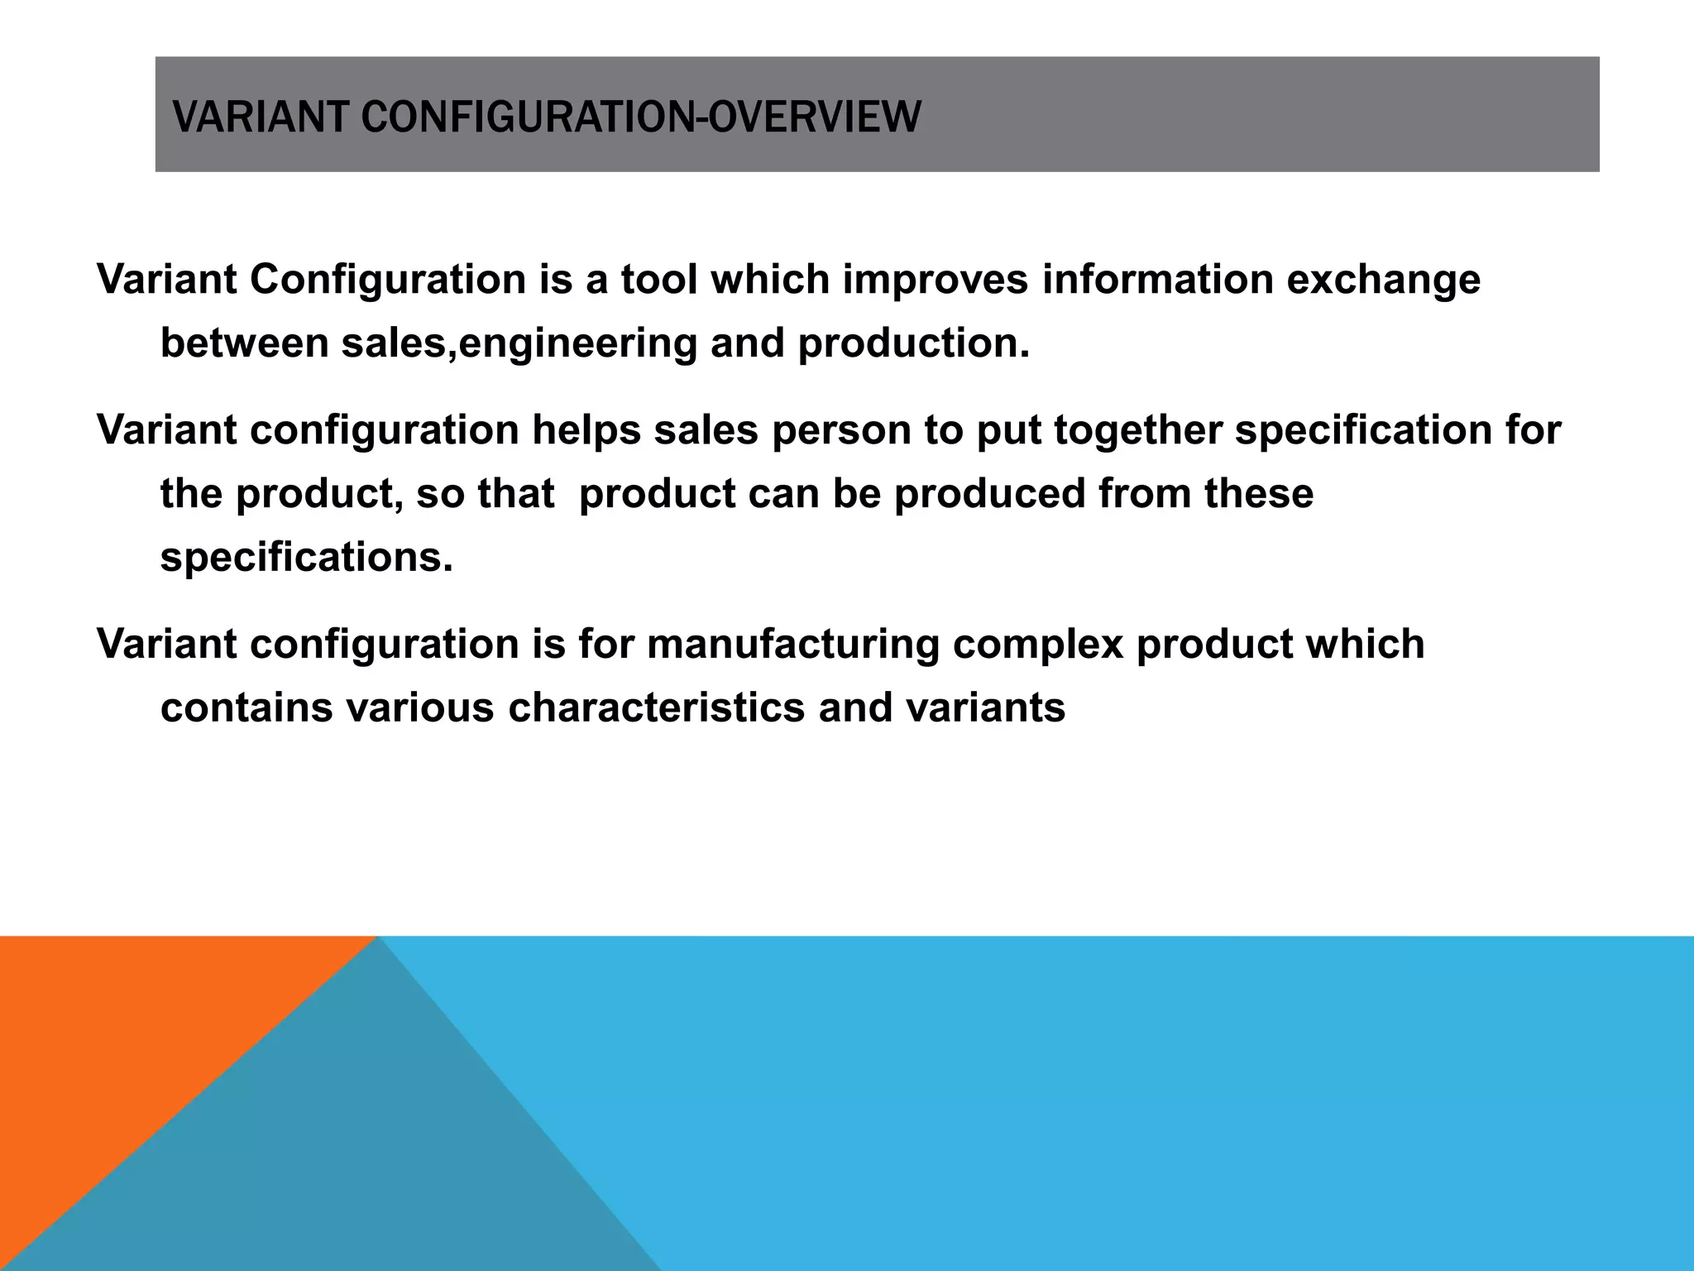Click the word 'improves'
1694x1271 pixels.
pos(936,279)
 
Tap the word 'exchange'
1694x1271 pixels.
pos(1383,279)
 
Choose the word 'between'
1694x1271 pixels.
pos(244,343)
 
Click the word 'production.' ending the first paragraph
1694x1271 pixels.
pos(914,343)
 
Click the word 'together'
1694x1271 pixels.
pos(1137,430)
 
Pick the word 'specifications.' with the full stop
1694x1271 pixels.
pos(307,558)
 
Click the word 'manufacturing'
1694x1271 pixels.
pos(793,644)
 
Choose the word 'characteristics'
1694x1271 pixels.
pos(656,707)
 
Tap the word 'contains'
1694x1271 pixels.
pos(246,707)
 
